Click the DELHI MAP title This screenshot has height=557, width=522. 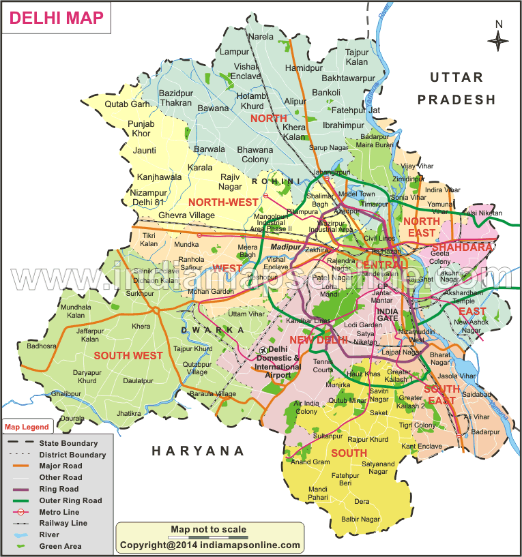58,18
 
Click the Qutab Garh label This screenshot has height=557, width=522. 127,104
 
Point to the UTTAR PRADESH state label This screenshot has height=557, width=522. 456,89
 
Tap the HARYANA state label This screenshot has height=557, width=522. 198,451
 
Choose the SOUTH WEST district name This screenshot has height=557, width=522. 128,355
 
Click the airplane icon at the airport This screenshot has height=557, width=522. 263,350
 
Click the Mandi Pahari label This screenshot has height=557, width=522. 317,494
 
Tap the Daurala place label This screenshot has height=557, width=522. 72,418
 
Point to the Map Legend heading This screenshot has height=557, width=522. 27,427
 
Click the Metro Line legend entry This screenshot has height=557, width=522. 59,512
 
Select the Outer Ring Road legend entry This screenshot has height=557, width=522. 70,500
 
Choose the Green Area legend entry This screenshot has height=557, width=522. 60,546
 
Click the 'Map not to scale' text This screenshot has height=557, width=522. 208,530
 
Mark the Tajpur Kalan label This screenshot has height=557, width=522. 356,57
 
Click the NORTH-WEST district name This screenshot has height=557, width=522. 223,202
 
